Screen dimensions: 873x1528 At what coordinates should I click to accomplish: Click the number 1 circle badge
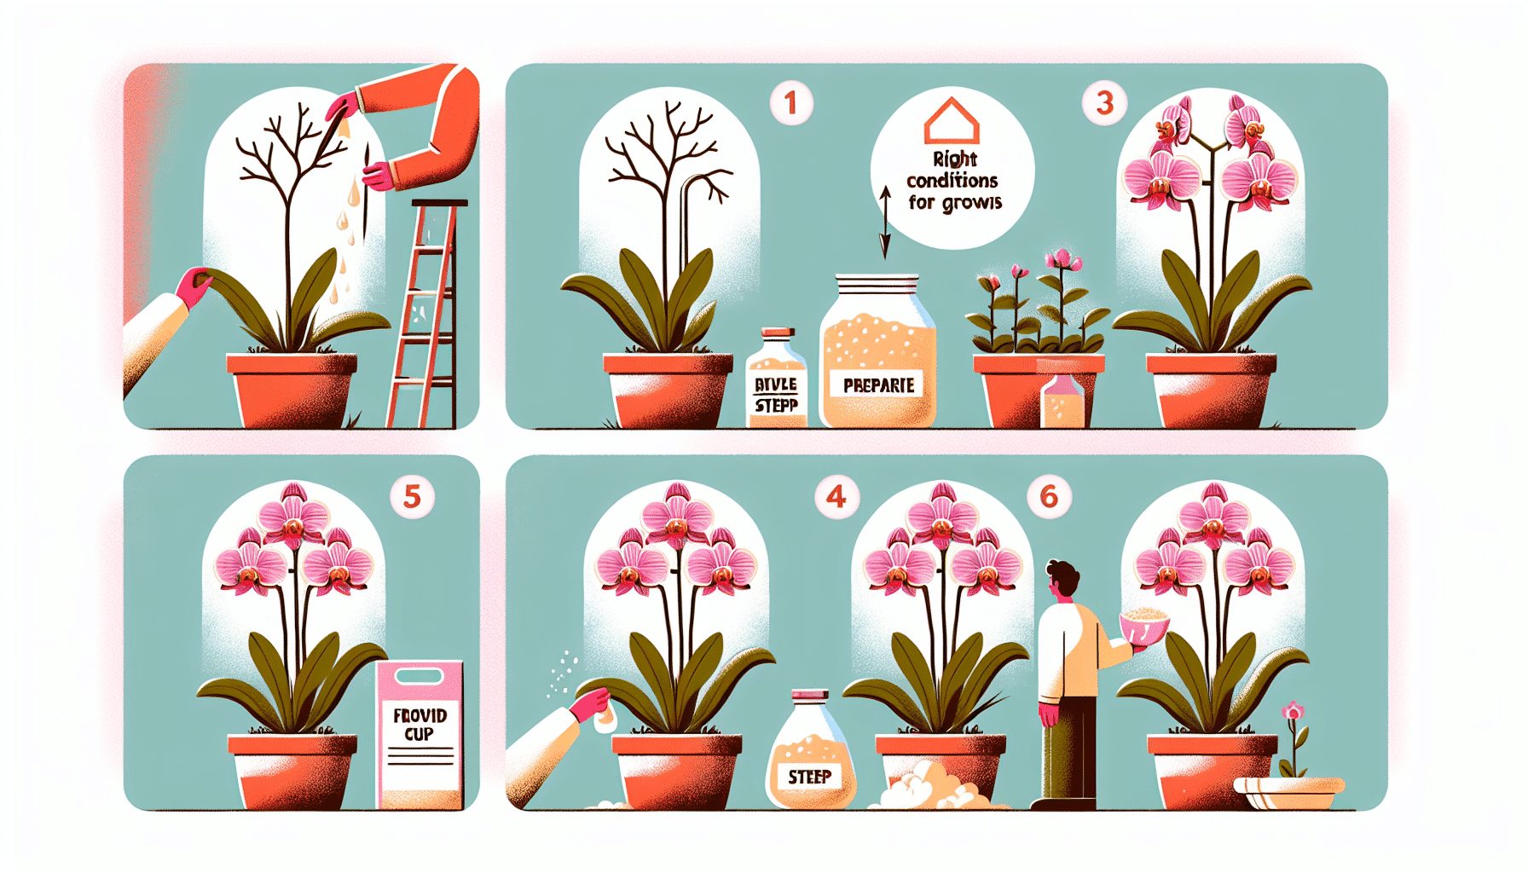pos(790,103)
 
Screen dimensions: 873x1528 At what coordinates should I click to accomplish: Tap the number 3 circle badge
pos(1104,103)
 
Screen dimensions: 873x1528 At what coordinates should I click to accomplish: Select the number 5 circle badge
pos(412,496)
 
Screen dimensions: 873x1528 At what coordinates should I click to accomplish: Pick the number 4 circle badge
pos(836,496)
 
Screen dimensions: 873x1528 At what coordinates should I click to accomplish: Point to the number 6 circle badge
pos(1049,496)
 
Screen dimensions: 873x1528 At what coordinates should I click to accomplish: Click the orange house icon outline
pos(952,121)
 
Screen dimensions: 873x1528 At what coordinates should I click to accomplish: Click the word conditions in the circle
pos(952,181)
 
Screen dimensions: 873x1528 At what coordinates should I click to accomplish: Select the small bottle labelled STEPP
pos(776,379)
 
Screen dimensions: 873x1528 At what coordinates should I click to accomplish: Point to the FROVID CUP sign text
pos(420,725)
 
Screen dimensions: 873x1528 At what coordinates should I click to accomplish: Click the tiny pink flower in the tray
pos(1294,712)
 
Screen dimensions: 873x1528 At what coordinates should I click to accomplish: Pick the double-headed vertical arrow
pos(885,223)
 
